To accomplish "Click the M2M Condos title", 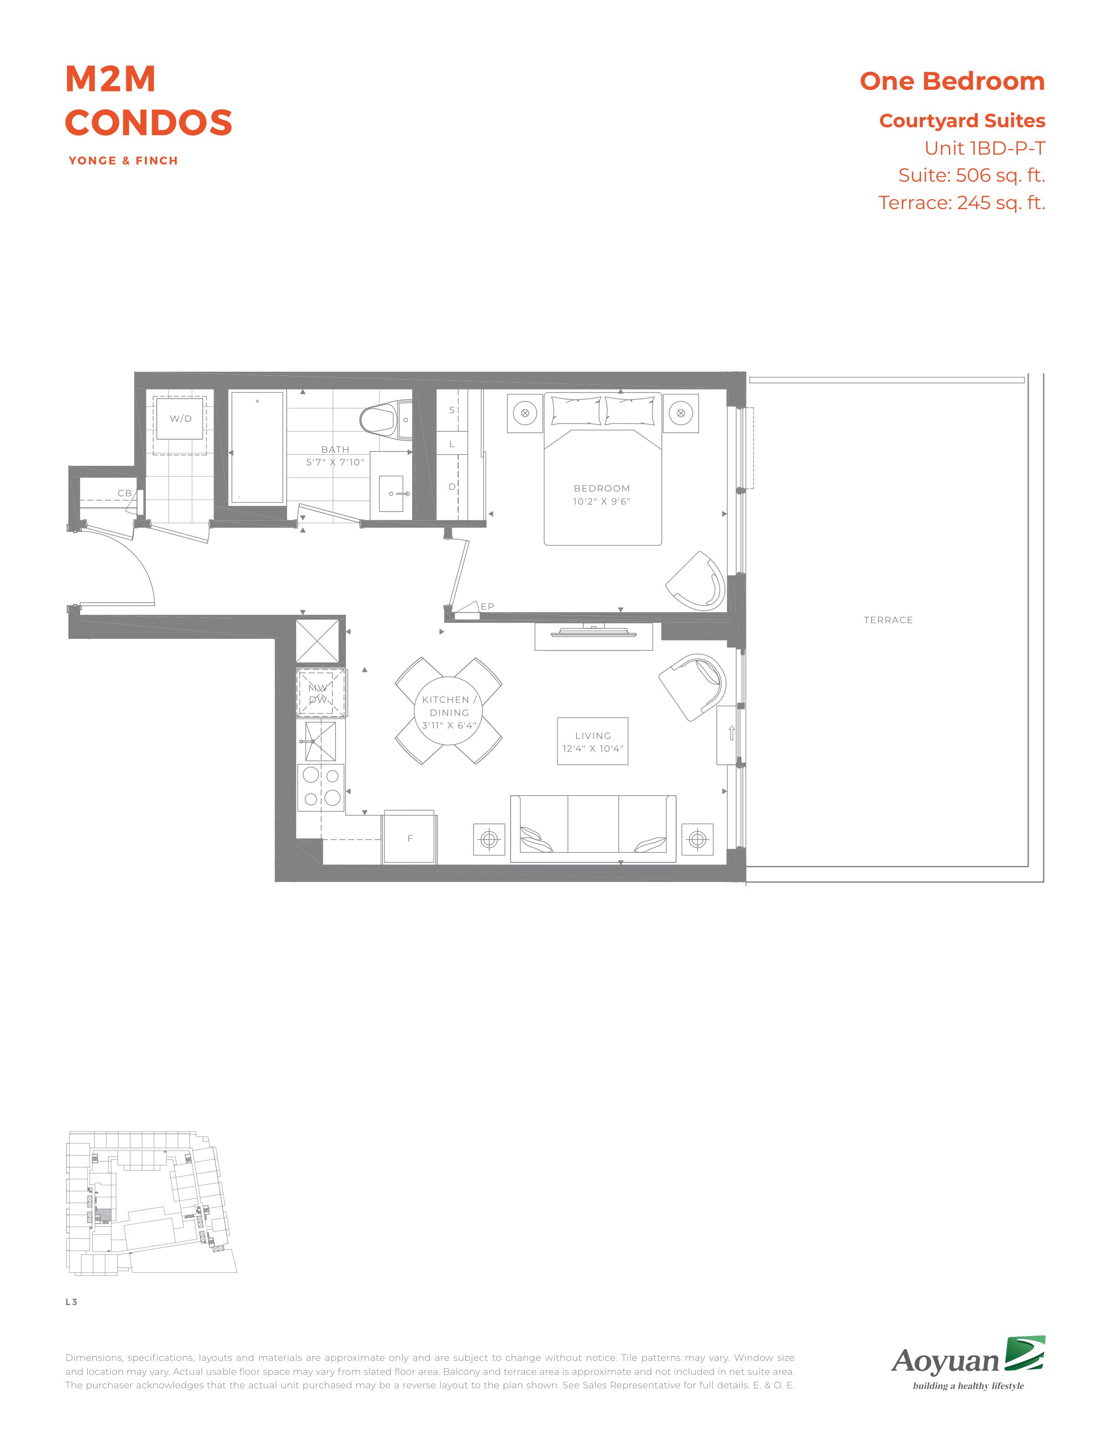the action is [149, 100].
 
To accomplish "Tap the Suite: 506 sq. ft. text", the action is [972, 175].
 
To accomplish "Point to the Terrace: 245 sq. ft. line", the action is [962, 203].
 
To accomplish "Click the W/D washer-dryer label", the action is [180, 419].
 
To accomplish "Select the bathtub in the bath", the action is [257, 447].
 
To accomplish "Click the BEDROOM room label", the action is [602, 488].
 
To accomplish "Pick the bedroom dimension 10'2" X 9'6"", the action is [602, 502].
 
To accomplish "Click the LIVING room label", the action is [593, 736].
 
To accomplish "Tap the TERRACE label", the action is [888, 620].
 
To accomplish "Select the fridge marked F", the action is [410, 838].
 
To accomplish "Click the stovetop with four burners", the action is [321, 787].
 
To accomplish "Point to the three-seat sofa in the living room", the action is [593, 828].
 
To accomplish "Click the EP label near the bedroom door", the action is [487, 607].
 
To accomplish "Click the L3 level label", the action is [71, 1302].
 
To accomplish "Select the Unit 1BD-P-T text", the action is [985, 148].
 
